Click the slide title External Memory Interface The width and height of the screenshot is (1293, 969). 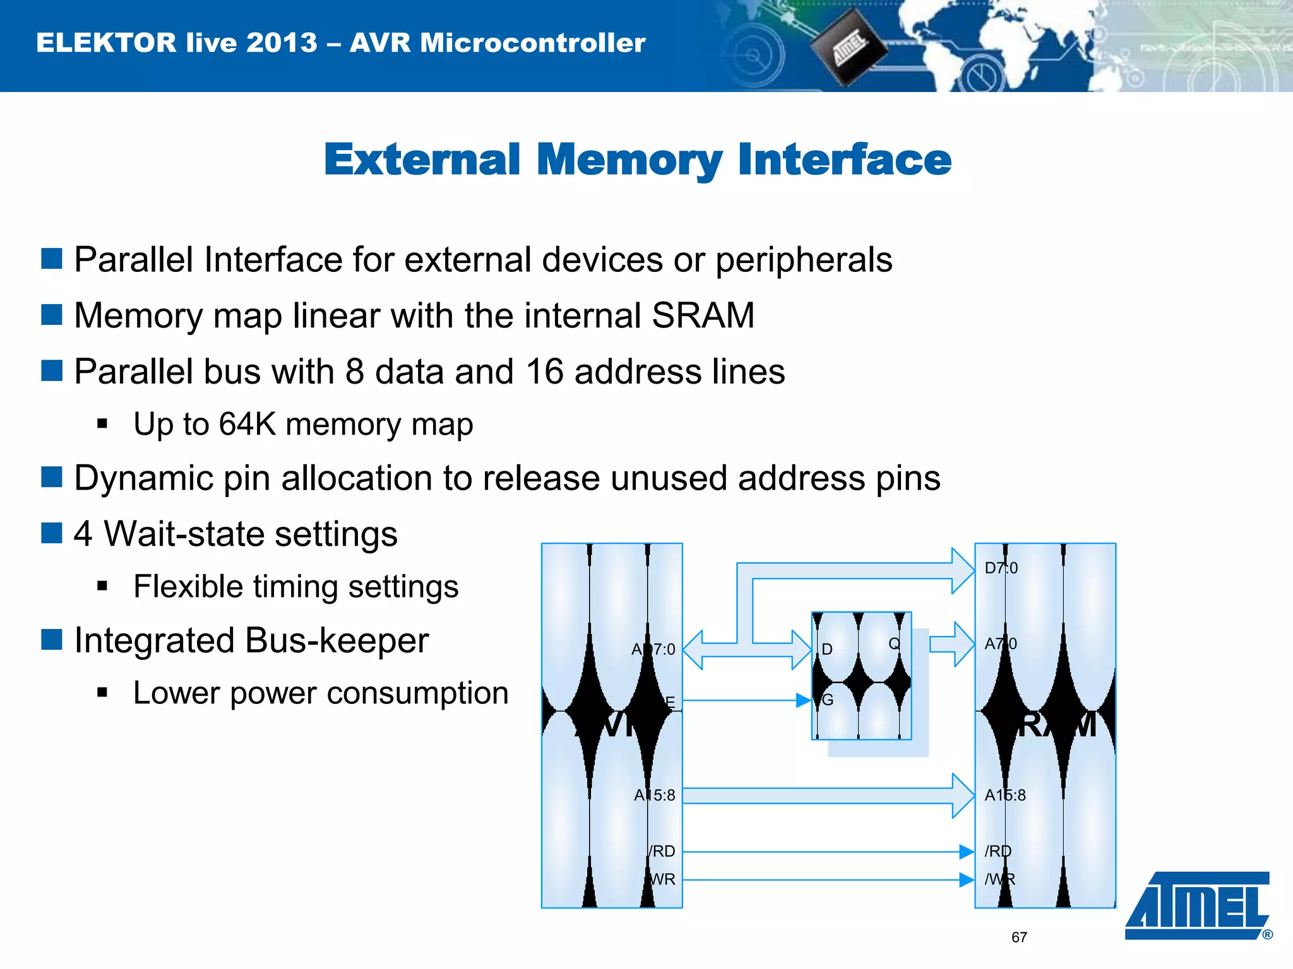[x=637, y=160]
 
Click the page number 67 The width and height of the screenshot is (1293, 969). [x=1019, y=937]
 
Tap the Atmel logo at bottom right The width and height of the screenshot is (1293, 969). [x=1198, y=906]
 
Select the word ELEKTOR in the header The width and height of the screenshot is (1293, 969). [x=106, y=43]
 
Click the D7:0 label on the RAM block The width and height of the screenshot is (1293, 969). [x=1001, y=568]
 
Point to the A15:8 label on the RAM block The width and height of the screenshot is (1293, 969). [x=1005, y=796]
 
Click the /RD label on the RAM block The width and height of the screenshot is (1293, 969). [x=998, y=852]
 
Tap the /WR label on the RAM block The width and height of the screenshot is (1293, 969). [x=1000, y=879]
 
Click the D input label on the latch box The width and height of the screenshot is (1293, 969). [x=827, y=649]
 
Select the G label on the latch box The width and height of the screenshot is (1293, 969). [x=828, y=700]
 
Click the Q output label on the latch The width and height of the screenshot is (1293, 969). [x=894, y=643]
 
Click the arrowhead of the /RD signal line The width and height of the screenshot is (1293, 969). [x=966, y=852]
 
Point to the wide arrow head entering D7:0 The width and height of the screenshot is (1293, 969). [x=963, y=570]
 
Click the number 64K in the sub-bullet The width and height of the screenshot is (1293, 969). [x=247, y=424]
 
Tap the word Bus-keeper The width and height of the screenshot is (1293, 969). [x=337, y=640]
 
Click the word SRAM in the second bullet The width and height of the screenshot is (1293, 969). [x=703, y=315]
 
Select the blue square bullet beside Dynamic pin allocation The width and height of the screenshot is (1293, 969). [x=52, y=478]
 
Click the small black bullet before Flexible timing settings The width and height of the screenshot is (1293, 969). [x=103, y=587]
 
